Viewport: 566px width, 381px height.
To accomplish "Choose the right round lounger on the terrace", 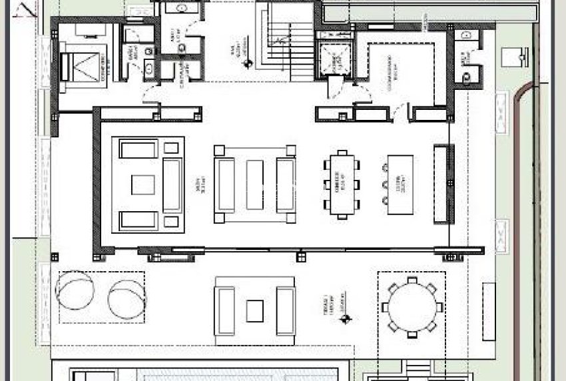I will (125, 298).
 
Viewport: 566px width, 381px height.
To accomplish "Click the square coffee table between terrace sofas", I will (255, 310).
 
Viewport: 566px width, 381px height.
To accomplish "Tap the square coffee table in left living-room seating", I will (142, 185).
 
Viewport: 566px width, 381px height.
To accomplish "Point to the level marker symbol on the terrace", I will (344, 320).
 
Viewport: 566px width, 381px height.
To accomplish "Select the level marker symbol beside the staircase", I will (247, 64).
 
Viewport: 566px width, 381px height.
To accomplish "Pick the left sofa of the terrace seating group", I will (225, 310).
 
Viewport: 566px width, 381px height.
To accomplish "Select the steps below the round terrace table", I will (419, 370).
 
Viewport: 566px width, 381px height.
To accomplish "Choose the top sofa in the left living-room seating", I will (139, 149).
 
